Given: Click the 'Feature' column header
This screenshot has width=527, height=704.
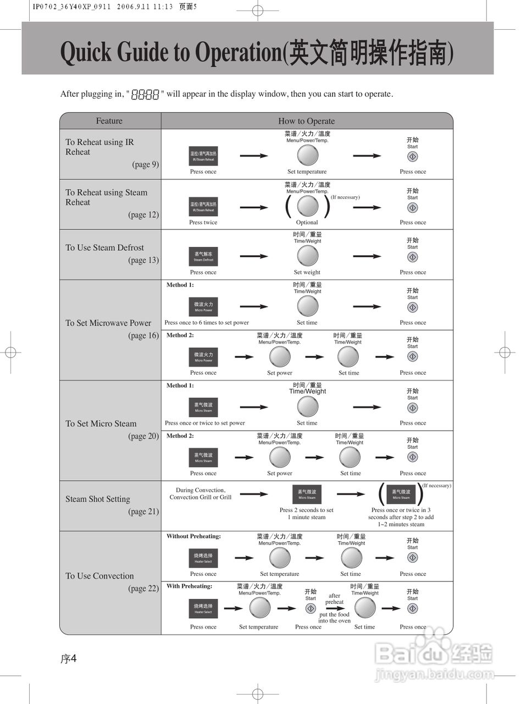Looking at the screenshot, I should click(x=109, y=121).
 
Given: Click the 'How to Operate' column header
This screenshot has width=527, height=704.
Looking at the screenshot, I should click(x=306, y=121).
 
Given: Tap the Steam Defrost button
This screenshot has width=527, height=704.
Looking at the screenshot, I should click(x=203, y=256).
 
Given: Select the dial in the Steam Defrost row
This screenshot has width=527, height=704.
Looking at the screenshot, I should click(x=307, y=256).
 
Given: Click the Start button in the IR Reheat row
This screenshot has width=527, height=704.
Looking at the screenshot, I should click(x=413, y=157).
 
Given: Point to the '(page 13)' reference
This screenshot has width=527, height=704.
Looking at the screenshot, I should click(x=143, y=260).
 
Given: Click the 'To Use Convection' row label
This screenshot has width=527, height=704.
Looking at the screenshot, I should click(x=99, y=576).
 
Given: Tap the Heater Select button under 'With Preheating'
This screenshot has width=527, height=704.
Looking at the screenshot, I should click(x=203, y=608).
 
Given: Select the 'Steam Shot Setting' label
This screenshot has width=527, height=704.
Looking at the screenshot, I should click(x=98, y=499).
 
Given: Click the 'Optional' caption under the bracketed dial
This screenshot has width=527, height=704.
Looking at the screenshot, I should click(x=307, y=223).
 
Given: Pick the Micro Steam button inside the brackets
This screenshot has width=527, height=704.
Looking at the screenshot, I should click(x=401, y=494).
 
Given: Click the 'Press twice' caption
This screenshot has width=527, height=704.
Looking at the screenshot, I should click(x=203, y=223).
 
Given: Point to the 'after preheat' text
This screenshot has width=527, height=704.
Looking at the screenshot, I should click(x=334, y=599).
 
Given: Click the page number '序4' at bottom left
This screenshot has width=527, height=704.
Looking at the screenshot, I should click(x=68, y=659).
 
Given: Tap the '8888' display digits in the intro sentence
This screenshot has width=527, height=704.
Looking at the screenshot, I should click(x=145, y=95).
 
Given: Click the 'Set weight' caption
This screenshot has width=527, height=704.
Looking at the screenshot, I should click(x=307, y=272).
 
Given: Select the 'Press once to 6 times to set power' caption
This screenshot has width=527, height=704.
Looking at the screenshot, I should click(x=207, y=323).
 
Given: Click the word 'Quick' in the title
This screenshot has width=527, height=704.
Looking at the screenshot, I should click(x=86, y=53).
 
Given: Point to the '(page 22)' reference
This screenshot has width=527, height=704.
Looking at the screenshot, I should click(x=143, y=588).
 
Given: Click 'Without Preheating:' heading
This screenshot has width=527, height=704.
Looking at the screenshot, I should click(x=193, y=536).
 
